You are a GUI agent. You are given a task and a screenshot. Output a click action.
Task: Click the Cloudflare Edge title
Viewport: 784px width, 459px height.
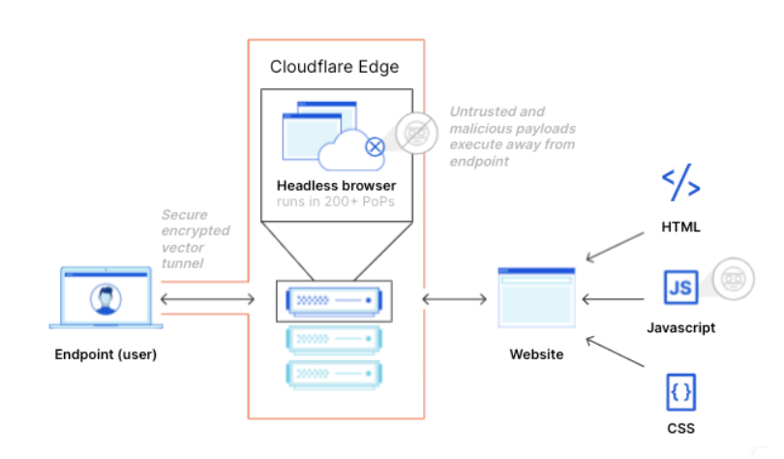coord(334,68)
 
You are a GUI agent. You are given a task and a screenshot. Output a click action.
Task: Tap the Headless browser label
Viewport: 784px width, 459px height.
coord(336,185)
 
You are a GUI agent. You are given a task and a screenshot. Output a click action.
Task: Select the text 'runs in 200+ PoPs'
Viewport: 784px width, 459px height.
coord(336,202)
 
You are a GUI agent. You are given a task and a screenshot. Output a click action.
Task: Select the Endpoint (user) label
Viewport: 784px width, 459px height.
coord(105,354)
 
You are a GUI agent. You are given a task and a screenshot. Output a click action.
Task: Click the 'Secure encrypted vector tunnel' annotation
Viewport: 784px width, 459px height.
coord(196,238)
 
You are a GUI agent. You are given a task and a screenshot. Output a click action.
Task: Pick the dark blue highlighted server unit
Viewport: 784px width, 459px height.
coord(335,301)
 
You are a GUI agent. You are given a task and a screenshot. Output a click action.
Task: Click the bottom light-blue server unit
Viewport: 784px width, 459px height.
coord(335,374)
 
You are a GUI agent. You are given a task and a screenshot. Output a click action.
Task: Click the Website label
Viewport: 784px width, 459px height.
coord(536,354)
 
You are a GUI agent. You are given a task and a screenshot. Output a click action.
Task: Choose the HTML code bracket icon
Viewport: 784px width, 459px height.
coord(680,184)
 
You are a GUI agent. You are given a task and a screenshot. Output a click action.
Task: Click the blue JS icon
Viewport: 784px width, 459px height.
coord(680,288)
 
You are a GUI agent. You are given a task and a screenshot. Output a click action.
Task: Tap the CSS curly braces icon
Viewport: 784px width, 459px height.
coord(680,393)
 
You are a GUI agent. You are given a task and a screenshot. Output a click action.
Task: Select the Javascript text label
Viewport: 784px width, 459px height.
coord(680,328)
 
